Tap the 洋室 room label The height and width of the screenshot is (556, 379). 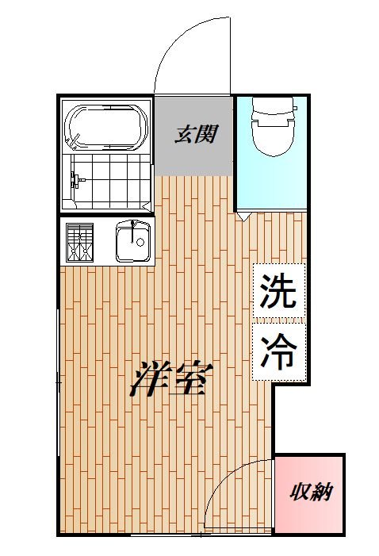tap(170, 379)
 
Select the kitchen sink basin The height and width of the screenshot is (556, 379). tap(132, 241)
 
